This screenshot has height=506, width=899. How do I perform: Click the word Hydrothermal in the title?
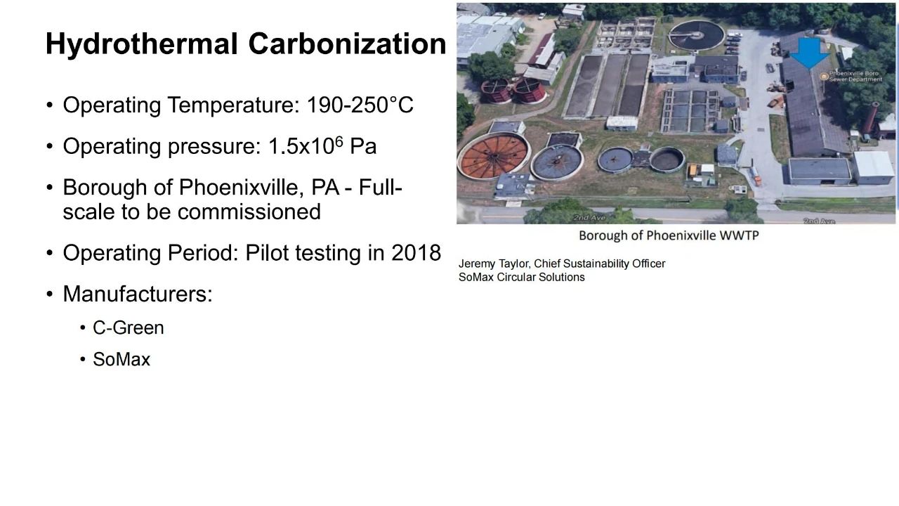click(x=142, y=44)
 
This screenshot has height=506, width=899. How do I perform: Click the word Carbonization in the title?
click(x=347, y=44)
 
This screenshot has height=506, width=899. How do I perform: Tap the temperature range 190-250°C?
click(x=360, y=105)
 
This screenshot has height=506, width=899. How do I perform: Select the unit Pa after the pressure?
click(x=363, y=146)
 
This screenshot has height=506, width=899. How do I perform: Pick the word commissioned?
click(x=249, y=212)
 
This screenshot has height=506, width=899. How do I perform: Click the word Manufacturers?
click(x=138, y=294)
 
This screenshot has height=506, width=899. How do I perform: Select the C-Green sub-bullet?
click(x=129, y=327)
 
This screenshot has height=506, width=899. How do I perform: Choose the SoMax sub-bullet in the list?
click(x=122, y=359)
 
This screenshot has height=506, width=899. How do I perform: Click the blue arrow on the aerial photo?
click(x=808, y=53)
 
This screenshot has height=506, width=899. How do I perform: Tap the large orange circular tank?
click(x=494, y=155)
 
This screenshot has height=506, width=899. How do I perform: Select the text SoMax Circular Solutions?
click(x=522, y=277)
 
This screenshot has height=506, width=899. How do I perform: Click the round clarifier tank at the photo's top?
click(x=696, y=35)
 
